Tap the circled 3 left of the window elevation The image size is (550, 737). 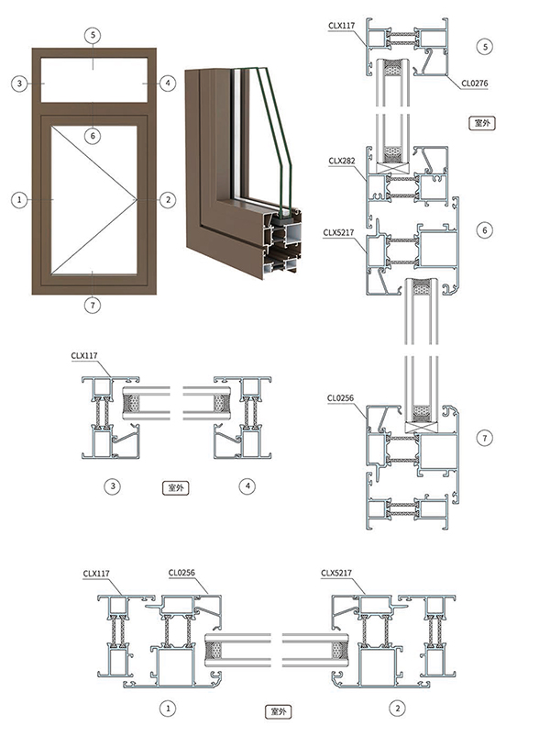coord(18,84)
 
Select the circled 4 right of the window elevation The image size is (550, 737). coord(167,84)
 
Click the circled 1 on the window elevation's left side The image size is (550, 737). coord(18,198)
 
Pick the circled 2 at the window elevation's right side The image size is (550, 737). coord(167,198)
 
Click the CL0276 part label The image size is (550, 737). coord(478,83)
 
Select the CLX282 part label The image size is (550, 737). coord(341,159)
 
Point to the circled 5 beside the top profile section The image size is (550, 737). coord(486,45)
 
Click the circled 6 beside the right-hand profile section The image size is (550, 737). coord(486,229)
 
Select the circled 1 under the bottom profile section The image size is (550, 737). coord(168,708)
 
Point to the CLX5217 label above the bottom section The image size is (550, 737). coord(336,574)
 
